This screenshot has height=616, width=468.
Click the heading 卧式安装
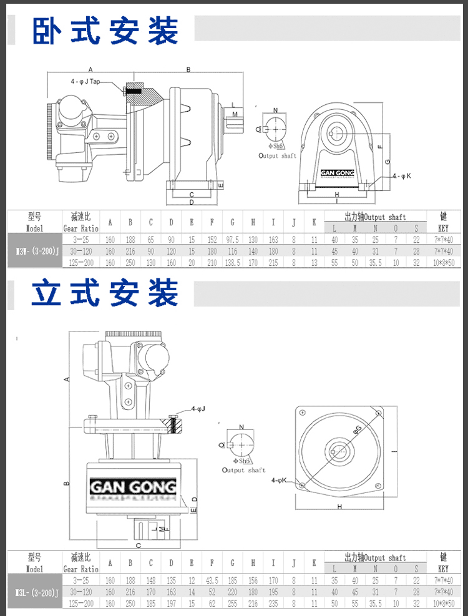coord(105,29)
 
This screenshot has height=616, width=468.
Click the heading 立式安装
coord(105,293)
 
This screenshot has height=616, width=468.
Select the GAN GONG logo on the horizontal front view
coord(337,174)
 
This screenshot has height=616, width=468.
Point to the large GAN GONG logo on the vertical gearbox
coord(134,487)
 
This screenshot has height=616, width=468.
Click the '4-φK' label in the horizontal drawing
coord(402,177)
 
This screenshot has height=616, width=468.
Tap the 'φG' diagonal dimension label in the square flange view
coord(358,429)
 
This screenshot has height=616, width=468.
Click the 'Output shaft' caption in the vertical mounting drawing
coord(243,470)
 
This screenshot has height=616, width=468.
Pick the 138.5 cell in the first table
coord(233,262)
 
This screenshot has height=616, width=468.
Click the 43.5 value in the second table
coord(212,580)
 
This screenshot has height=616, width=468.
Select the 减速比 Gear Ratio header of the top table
coord(80,222)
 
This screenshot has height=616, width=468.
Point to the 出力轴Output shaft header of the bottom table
coord(375,557)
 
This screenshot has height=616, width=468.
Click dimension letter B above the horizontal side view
coord(188,70)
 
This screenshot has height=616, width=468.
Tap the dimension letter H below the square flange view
coord(340,506)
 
